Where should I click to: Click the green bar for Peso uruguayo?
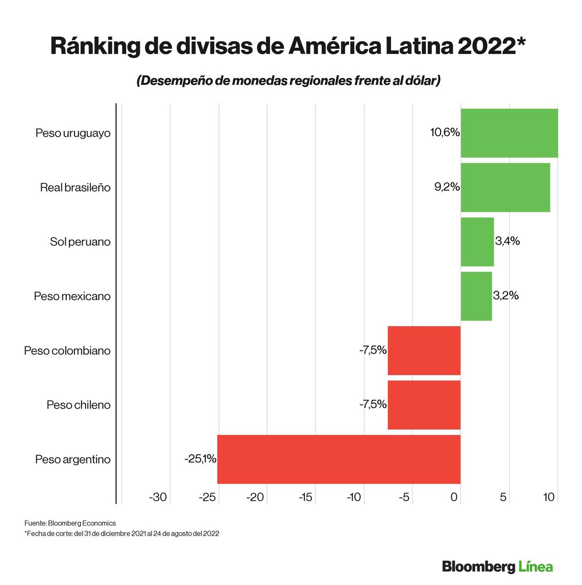coord(509,133)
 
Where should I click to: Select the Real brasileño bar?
coord(505,187)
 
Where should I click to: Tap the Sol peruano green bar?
coord(477,242)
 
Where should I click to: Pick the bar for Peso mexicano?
coord(476,296)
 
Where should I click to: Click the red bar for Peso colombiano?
coord(424,351)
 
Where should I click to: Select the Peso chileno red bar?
coord(424,405)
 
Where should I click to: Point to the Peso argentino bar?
coord(339,459)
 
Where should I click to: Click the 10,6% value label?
coord(445,133)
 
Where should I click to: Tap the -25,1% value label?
coord(200,459)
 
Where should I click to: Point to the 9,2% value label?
coord(447,187)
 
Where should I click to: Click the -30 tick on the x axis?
coord(158,497)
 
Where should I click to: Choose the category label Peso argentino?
coord(73,459)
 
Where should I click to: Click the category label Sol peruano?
coord(80,242)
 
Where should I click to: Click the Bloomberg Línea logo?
coord(497,566)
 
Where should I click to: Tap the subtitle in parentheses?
coord(288,81)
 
